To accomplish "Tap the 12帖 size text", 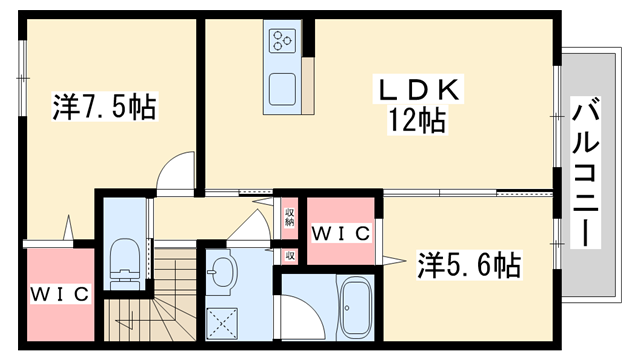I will [x=419, y=122].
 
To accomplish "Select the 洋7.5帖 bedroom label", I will [x=103, y=107].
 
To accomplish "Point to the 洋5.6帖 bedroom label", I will [x=467, y=265].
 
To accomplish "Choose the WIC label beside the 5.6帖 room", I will [x=341, y=234].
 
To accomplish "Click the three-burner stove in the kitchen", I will [x=281, y=42].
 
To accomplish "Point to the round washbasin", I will [x=221, y=271].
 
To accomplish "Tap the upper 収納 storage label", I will [x=288, y=215].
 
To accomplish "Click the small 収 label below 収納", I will [x=288, y=256].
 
